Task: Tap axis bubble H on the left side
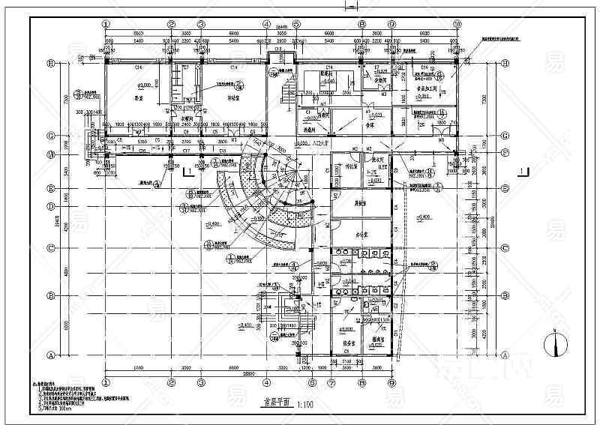[x=52, y=64]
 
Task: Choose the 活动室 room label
[x=218, y=97]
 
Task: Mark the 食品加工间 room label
[x=425, y=88]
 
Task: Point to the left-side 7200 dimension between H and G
[x=66, y=99]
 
